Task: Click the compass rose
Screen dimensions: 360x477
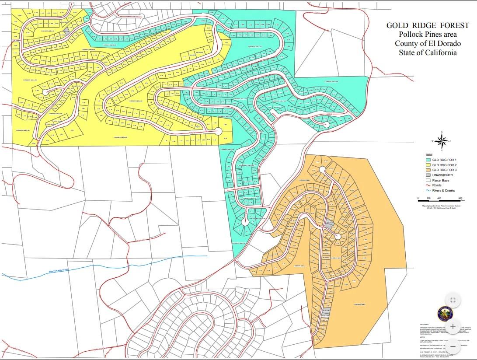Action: tap(442, 141)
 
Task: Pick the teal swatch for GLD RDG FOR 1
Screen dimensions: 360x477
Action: tap(428, 160)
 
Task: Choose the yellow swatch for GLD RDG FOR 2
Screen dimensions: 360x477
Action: tap(428, 165)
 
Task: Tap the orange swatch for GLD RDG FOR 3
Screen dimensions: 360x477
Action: tap(428, 170)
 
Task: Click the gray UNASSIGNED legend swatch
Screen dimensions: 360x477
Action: tap(428, 175)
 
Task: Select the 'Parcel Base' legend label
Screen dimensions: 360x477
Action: tap(441, 180)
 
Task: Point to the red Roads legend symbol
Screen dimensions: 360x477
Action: tap(428, 185)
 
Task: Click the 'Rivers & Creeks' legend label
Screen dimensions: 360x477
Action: tap(444, 191)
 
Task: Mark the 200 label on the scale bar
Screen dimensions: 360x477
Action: tap(428, 199)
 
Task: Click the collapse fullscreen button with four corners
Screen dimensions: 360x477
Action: tap(453, 300)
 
